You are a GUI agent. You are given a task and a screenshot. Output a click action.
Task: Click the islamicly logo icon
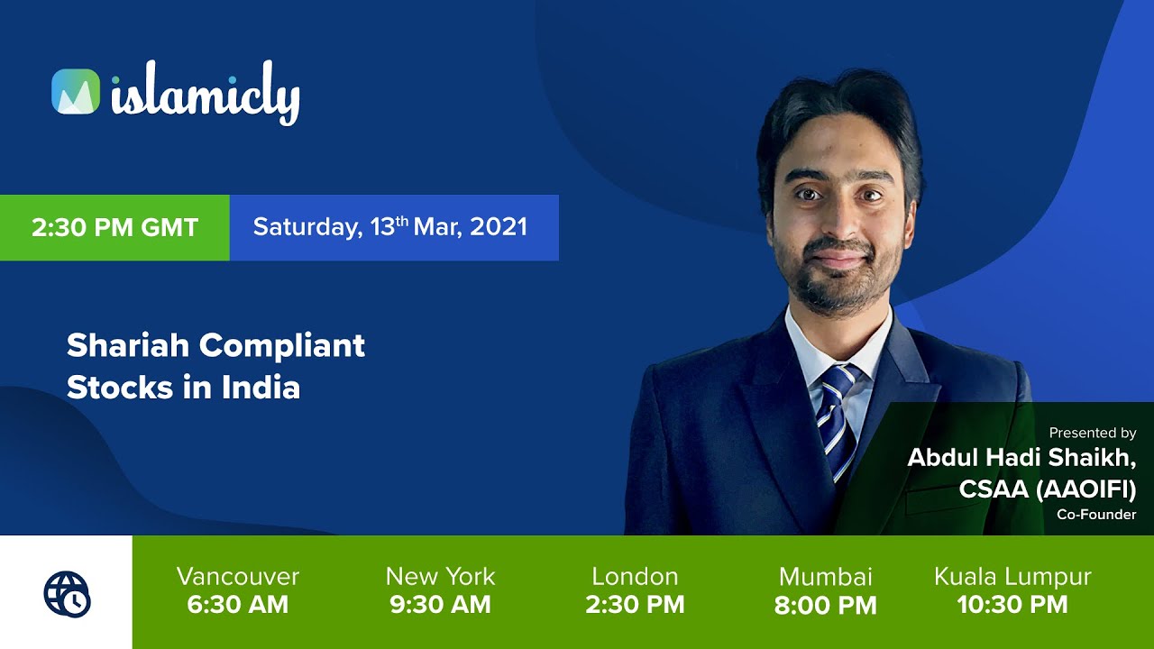coord(76,91)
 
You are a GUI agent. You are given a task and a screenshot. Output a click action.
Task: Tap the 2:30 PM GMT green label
coord(114,227)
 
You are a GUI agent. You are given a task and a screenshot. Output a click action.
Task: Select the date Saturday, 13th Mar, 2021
coord(389,226)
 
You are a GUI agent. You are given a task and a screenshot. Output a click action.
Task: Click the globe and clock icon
coord(67,593)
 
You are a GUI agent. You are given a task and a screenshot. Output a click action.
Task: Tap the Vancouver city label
coord(238,577)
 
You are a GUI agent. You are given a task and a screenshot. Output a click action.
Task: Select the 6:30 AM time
coord(238,605)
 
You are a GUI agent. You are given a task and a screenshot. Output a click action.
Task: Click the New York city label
coord(440,577)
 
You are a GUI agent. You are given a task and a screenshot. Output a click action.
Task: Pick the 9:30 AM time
coord(440,605)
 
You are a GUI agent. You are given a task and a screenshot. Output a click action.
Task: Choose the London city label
coord(635,577)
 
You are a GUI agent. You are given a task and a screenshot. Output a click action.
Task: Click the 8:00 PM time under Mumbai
coord(826,606)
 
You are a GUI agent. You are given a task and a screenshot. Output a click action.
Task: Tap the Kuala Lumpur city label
coord(1012,577)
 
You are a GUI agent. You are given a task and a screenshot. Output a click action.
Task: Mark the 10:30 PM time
coord(1012,605)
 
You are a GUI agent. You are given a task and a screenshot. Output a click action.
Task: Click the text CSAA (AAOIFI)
coord(1048,489)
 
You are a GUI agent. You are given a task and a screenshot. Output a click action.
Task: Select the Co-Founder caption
coord(1096,515)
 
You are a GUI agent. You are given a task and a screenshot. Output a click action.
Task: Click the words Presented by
coord(1092,434)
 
